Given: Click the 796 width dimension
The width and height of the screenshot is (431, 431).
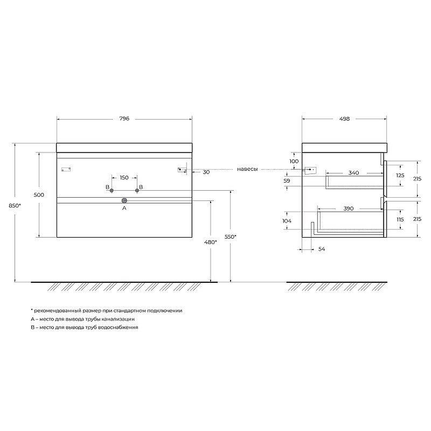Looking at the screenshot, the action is (124, 119).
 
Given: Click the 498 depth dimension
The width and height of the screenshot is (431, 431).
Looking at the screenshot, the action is (344, 119).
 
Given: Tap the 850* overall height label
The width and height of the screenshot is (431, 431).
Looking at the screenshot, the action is (15, 205).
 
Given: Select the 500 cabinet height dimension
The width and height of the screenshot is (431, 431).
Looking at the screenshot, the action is (39, 195).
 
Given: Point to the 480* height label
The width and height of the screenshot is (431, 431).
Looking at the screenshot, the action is (211, 242).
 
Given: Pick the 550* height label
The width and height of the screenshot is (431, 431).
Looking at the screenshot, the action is (231, 237).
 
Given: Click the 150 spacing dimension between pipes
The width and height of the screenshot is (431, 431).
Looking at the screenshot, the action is (124, 178).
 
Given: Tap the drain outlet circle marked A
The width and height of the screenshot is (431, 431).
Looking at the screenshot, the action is (124, 200).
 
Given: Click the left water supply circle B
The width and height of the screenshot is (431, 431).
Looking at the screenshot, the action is (112, 191).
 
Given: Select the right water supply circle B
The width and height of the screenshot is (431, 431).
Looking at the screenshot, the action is (137, 191).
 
